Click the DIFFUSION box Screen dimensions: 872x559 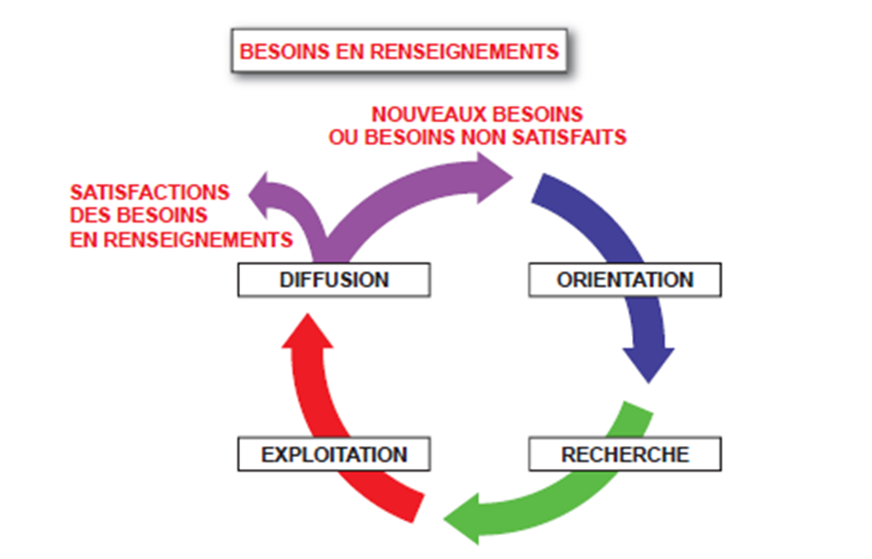(x=333, y=279)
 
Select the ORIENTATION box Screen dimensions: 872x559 (x=625, y=279)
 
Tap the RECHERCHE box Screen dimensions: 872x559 (x=625, y=454)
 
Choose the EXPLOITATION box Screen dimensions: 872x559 (x=333, y=454)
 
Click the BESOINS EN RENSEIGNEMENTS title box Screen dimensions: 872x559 (x=398, y=51)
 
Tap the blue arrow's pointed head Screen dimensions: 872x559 (x=648, y=362)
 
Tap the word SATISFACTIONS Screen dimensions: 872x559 (x=149, y=193)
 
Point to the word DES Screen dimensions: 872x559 (x=88, y=216)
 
